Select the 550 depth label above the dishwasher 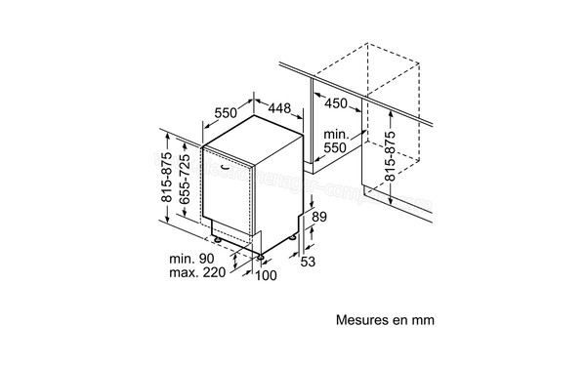coord(226,111)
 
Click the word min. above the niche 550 coord(335,134)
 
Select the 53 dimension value coord(307,264)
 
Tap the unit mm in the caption coord(421,319)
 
